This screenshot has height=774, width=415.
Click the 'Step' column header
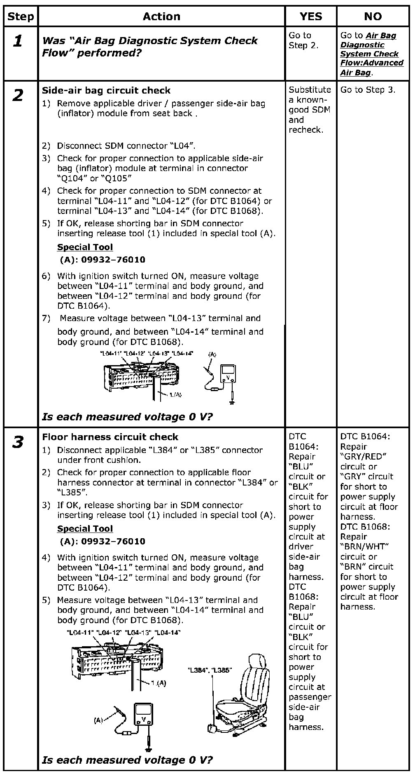point(21,16)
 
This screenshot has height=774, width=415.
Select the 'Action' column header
point(161,16)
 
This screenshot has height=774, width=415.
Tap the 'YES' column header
point(310,16)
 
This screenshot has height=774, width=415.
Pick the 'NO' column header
point(373,16)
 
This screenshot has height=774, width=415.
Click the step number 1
point(18,41)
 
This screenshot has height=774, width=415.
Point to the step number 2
point(18,96)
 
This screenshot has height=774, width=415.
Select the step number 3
point(18,443)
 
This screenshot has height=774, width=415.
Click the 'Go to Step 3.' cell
point(368,90)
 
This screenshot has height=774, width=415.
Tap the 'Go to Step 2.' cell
point(303,40)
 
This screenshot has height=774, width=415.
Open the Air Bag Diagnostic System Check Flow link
point(371,54)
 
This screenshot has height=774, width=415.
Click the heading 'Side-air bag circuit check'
point(106,90)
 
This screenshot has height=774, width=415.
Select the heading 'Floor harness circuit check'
point(110,437)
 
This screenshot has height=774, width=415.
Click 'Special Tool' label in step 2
point(85,247)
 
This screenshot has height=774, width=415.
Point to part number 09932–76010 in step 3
point(103,541)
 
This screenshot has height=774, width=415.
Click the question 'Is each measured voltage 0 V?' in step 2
point(127,417)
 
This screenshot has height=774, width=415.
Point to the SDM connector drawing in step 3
point(117,659)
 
